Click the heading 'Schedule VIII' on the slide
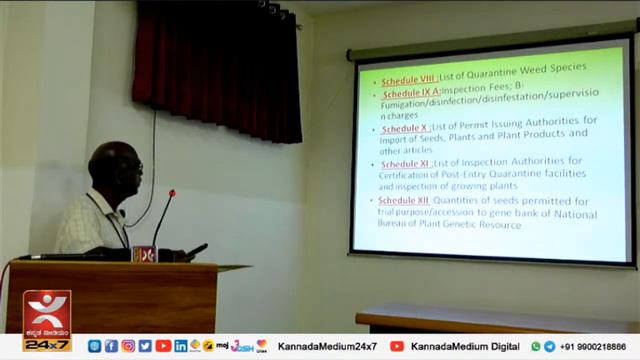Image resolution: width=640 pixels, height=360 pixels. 407,79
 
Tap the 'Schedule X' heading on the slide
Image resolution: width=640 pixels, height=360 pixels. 404,128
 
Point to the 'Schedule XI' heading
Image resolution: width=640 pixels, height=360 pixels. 405,164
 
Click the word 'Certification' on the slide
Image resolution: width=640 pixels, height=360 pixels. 406,176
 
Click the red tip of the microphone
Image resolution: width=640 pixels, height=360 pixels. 171,194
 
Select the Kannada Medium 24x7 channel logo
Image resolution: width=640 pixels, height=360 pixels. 47,321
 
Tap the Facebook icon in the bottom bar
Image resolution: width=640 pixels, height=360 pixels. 111,346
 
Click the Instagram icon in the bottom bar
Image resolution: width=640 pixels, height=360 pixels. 128,346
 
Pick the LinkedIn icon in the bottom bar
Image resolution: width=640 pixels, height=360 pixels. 181,346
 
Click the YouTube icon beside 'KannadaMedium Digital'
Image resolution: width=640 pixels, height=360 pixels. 397,346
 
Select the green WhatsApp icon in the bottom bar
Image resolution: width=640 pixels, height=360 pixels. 536,346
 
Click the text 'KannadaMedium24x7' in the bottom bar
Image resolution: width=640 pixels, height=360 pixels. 327,346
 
